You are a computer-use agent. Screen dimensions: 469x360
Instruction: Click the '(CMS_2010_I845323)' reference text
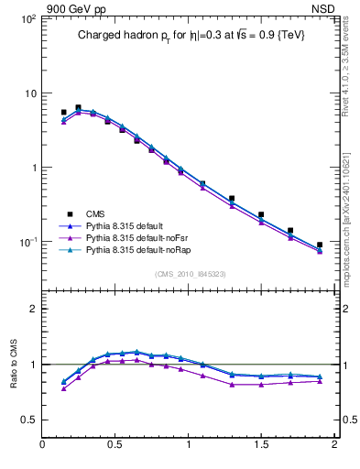tap(190, 273)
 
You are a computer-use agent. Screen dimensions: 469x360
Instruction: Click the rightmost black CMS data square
tap(320, 245)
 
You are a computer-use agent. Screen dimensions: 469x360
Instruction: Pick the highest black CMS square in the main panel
tap(78, 107)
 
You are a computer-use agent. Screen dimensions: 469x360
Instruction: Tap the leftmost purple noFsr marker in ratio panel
tap(63, 388)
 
